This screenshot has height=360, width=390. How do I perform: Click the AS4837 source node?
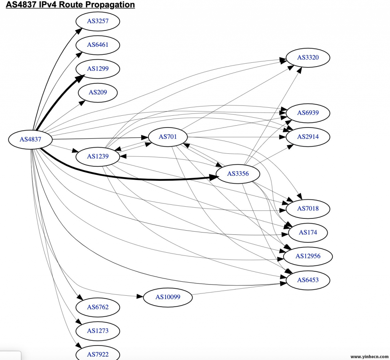(30, 139)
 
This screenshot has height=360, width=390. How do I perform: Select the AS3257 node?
(98, 21)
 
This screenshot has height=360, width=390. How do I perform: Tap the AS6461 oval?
(98, 45)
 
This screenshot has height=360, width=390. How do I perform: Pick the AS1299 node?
(98, 69)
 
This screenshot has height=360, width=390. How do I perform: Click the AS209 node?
(98, 92)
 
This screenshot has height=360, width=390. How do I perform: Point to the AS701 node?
(168, 137)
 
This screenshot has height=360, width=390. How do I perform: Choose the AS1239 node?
(98, 156)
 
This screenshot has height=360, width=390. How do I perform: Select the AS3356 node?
(238, 174)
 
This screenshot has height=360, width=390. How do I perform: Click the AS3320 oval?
(308, 58)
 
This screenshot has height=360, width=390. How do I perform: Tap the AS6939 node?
(308, 113)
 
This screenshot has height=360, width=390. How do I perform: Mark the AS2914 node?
(308, 137)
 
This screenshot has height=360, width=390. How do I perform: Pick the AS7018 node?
(308, 209)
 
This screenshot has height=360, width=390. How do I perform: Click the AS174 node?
(308, 233)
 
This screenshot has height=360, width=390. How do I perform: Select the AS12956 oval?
(308, 256)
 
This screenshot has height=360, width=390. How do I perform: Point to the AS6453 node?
(308, 280)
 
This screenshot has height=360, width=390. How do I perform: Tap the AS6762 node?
(98, 307)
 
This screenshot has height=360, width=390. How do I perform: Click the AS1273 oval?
(98, 331)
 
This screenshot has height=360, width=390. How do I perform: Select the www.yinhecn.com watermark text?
(368, 357)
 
